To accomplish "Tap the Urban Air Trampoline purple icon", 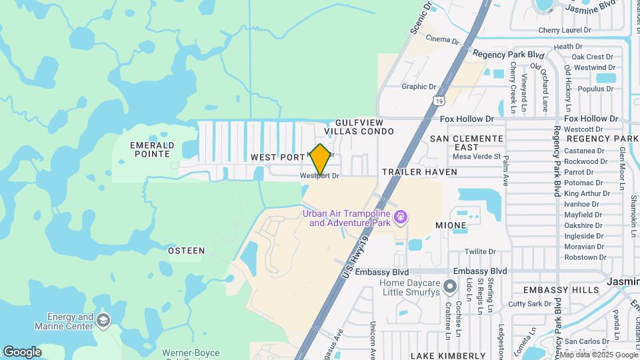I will [x=400, y=217].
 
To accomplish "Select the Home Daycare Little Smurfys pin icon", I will [x=451, y=287].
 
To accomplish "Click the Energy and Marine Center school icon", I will [x=103, y=321].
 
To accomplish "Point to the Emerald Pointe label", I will [x=152, y=149].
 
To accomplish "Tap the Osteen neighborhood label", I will [x=186, y=251].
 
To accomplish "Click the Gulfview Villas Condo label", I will [x=365, y=127].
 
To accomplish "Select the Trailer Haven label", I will [x=419, y=172].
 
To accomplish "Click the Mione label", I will [x=451, y=225].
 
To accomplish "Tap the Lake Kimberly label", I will [x=448, y=355].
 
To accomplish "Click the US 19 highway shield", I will [x=438, y=101].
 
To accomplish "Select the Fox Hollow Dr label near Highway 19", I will [x=467, y=119].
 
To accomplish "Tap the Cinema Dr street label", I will [x=443, y=40].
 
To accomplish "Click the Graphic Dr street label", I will [x=418, y=87].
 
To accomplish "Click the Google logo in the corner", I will [x=22, y=351].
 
